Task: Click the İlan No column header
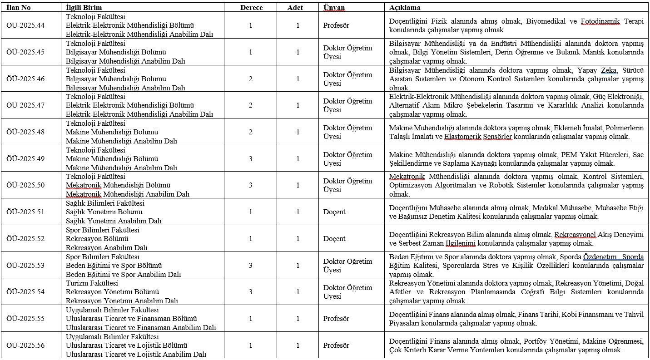[x=19, y=8]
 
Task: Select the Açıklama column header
[x=405, y=8]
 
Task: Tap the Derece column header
[x=251, y=8]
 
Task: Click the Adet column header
[x=295, y=8]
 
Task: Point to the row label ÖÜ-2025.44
[x=25, y=25]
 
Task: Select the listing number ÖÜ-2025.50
[x=25, y=185]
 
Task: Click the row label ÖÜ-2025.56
[x=25, y=345]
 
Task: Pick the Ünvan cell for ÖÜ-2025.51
[x=334, y=212]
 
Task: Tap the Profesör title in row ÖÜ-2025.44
[x=336, y=25]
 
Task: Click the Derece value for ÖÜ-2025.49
[x=251, y=159]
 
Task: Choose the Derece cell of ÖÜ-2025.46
[x=251, y=79]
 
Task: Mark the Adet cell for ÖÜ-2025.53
[x=298, y=266]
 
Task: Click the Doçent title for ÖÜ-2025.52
[x=334, y=239]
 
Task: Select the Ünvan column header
[x=334, y=8]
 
